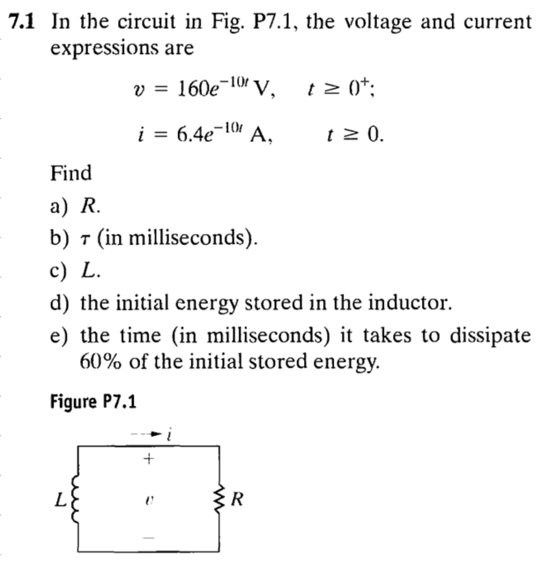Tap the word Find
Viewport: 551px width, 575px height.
tap(71, 172)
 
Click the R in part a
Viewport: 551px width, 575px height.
tap(89, 206)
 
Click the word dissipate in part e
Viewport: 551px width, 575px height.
tap(489, 336)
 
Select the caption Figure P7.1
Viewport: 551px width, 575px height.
tap(93, 401)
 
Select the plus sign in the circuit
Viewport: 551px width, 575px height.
tap(148, 459)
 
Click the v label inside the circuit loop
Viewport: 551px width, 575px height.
tap(148, 498)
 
